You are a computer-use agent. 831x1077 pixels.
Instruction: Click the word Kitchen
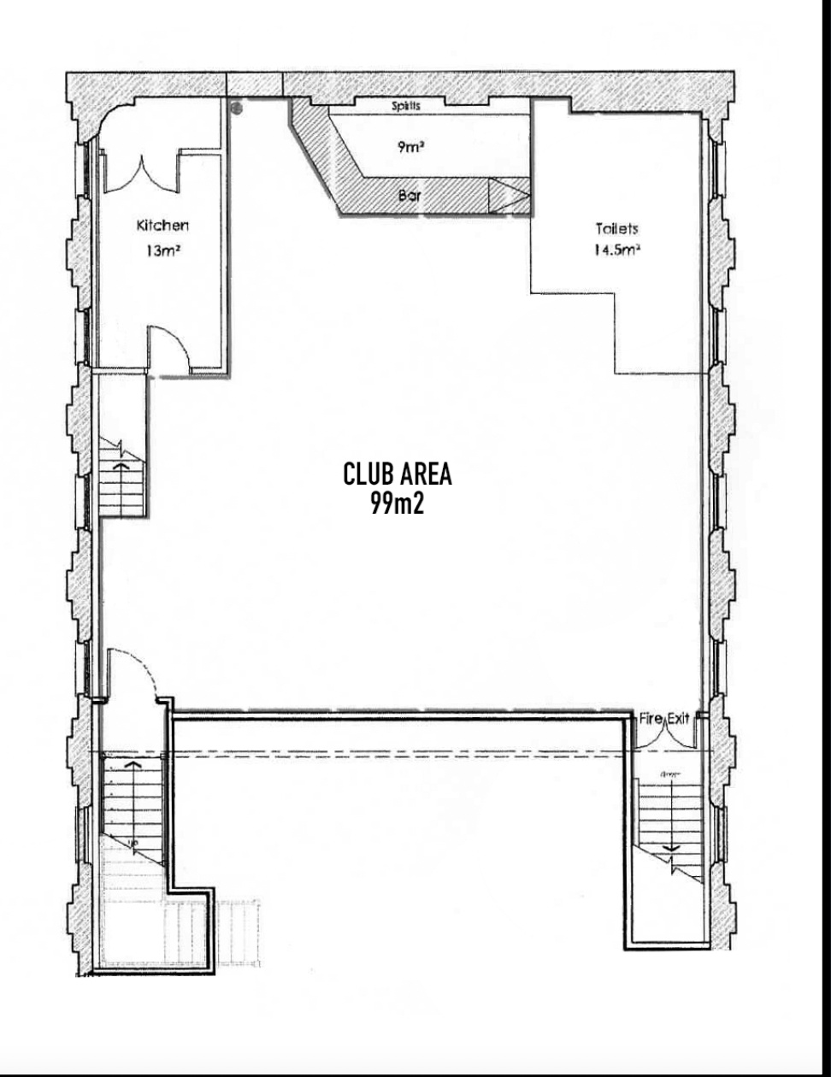coord(162,226)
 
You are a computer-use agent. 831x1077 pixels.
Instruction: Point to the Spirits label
coord(406,106)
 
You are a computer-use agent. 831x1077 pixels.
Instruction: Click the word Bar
coord(410,196)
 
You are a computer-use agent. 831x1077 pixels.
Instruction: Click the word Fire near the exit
coord(651,718)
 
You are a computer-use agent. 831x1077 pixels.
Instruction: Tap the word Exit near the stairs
coord(678,718)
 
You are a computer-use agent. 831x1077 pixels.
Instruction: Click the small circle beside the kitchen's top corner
coord(238,108)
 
